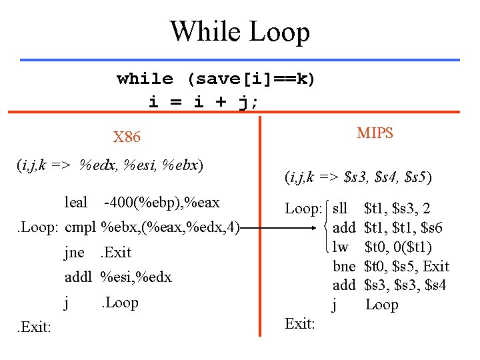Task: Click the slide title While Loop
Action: coord(240,31)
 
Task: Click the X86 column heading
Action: coord(127,137)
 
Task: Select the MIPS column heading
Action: coord(375,133)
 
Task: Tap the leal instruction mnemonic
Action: coord(76,202)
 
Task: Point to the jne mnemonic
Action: coord(74,252)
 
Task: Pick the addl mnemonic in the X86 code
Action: coord(78,277)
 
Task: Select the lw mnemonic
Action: coord(340,247)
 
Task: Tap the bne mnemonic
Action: coord(344,267)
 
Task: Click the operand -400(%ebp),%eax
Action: coord(162,202)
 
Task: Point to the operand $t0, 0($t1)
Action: coord(398,247)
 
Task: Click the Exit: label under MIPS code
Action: coord(299,324)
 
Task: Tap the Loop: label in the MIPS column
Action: coord(304,209)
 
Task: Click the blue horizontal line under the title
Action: coord(240,59)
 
